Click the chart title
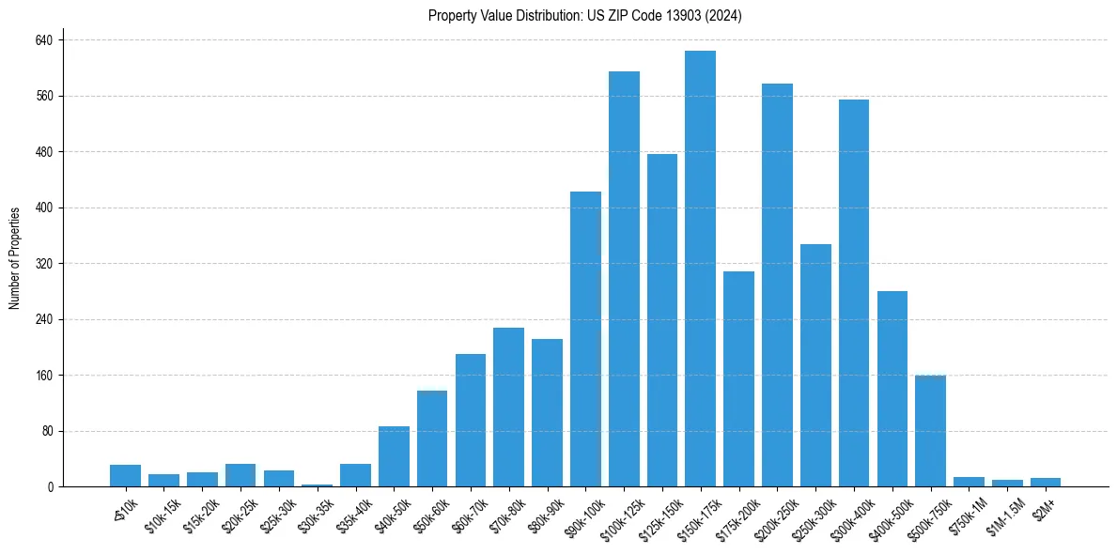click(584, 16)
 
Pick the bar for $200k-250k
click(777, 285)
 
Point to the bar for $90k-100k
click(585, 339)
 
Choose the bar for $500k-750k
click(930, 431)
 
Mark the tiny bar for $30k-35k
click(317, 485)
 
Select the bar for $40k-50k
click(394, 456)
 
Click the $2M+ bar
click(1046, 482)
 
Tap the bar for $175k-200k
click(738, 379)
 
